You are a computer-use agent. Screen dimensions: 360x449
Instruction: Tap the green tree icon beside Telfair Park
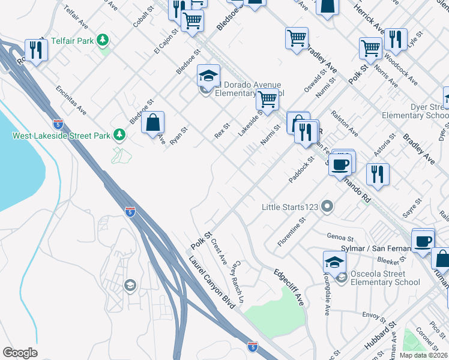click(x=104, y=40)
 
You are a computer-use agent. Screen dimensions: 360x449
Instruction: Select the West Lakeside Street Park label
click(x=62, y=136)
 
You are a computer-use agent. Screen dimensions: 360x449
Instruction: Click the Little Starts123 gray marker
click(x=327, y=207)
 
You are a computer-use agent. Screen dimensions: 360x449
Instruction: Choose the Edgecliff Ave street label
click(x=289, y=287)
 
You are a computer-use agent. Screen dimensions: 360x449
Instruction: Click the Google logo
click(x=20, y=353)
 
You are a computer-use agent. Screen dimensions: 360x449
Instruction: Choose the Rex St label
click(x=222, y=131)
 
